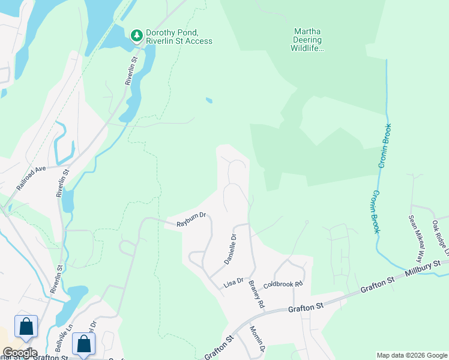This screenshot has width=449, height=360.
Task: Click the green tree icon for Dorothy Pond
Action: coord(137,35)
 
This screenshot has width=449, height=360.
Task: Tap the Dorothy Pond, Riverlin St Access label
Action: coord(179,36)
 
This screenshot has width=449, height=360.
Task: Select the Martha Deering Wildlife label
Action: coord(307,40)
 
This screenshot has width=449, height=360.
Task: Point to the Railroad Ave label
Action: coord(31,178)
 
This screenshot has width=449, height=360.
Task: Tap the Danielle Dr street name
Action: coord(231,250)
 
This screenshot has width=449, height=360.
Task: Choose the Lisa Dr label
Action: coord(234,281)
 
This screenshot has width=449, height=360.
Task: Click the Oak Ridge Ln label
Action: coord(441,237)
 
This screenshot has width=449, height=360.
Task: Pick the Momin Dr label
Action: coord(257,340)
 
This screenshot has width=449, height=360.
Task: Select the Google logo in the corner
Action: coord(20,353)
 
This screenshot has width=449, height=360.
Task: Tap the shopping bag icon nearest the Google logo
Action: coord(26,327)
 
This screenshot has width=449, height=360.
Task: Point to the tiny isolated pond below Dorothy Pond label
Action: coord(208,100)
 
